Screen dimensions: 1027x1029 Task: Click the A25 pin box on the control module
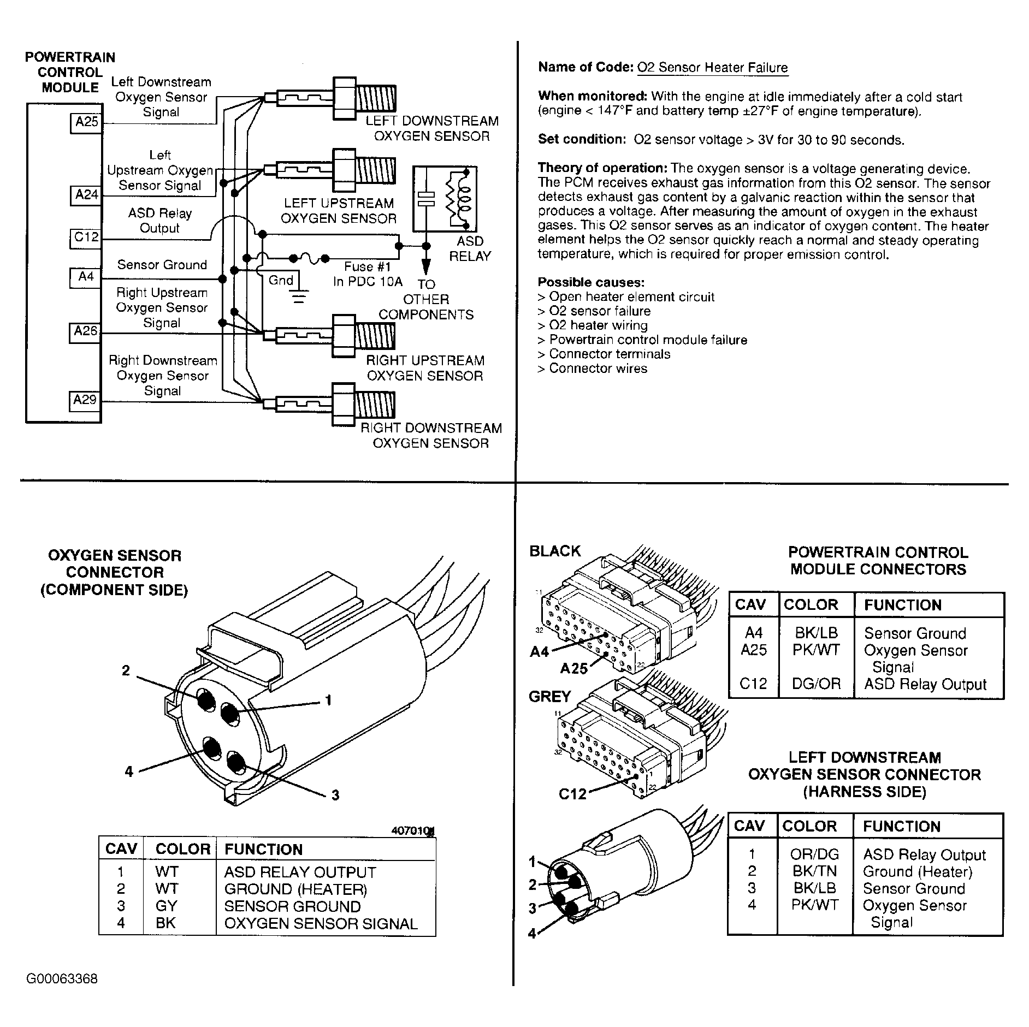[x=86, y=122]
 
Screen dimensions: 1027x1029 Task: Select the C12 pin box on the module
[x=86, y=238]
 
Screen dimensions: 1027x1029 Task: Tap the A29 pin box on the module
[x=85, y=400]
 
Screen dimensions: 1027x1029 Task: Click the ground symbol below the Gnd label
[x=298, y=297]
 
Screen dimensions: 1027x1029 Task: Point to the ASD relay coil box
[x=445, y=199]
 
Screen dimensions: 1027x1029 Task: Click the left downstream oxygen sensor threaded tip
[x=375, y=99]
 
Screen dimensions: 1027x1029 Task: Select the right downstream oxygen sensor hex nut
[x=344, y=405]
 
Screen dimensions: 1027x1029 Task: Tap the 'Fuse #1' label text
[x=367, y=267]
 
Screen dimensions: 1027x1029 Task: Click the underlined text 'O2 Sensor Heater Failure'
[x=712, y=68]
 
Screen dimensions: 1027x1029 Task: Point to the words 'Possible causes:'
[x=591, y=282]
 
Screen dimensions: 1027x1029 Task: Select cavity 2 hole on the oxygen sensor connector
[x=206, y=699]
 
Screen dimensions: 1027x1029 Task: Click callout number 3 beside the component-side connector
[x=335, y=795]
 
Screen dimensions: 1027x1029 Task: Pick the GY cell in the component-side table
[x=166, y=906]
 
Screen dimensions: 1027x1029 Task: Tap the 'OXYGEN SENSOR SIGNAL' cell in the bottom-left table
[x=321, y=924]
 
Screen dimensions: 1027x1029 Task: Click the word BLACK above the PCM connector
[x=555, y=551]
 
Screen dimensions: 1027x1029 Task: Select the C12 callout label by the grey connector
[x=572, y=794]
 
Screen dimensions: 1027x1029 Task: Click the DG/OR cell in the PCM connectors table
[x=816, y=684]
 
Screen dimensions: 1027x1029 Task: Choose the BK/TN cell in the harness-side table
[x=815, y=872]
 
